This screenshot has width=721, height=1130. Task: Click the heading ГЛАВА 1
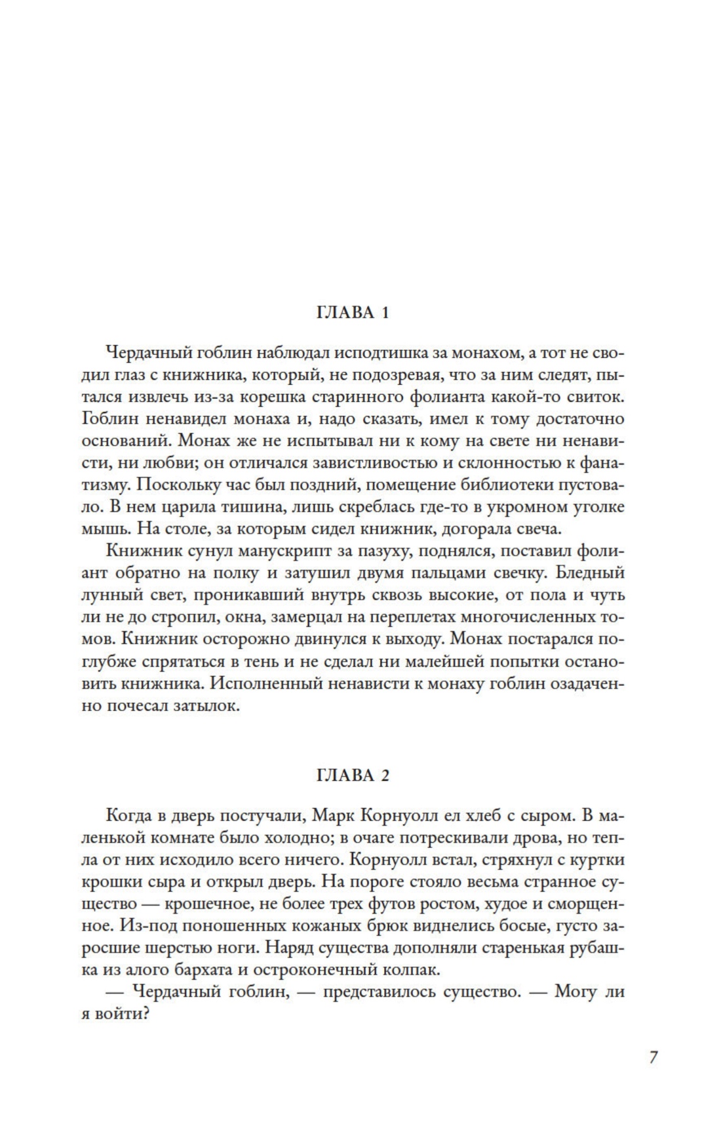[353, 312]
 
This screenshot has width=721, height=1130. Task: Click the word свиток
[593, 397]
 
